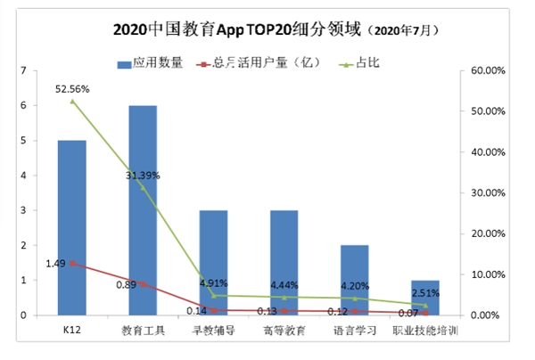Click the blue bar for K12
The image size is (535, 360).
(72, 227)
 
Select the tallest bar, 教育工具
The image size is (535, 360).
(143, 209)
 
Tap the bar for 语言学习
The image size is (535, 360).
(355, 280)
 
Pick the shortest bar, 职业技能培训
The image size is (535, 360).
(425, 298)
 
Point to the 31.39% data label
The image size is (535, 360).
(143, 176)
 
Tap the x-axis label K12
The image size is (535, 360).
(72, 331)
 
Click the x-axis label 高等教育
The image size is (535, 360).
(284, 331)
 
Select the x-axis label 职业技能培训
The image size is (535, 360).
(425, 331)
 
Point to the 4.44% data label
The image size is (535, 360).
(284, 285)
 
